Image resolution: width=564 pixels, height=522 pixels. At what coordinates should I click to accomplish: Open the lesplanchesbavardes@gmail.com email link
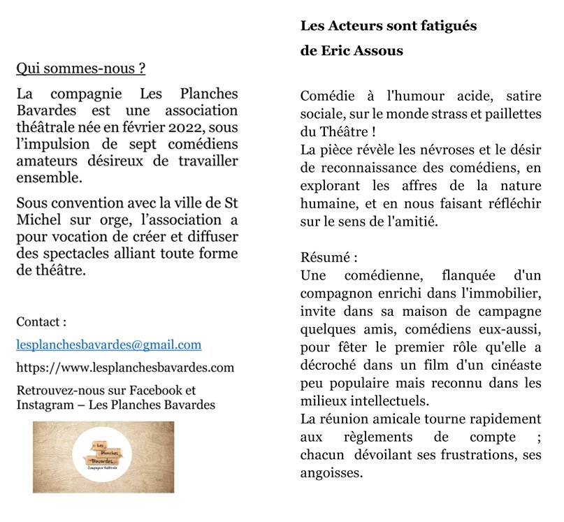(108, 345)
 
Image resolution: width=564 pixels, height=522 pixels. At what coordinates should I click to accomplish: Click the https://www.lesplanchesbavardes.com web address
(125, 368)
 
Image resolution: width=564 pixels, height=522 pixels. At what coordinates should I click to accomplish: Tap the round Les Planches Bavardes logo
(103, 458)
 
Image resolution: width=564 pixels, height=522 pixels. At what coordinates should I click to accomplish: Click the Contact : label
(41, 322)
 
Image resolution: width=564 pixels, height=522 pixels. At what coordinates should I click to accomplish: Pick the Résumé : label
(328, 257)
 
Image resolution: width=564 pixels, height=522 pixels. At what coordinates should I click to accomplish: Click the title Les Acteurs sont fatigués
(389, 26)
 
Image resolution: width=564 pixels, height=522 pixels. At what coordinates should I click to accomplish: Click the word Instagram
(45, 405)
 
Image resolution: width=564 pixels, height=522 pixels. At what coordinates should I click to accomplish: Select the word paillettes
(509, 113)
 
